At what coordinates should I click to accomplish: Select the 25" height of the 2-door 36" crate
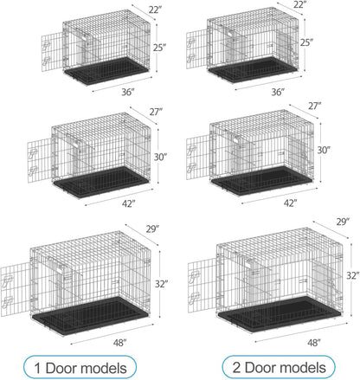[x=330, y=42]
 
